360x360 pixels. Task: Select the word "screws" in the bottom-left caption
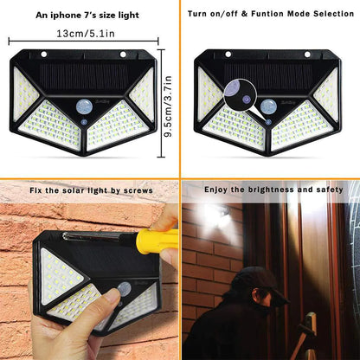[138, 190]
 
